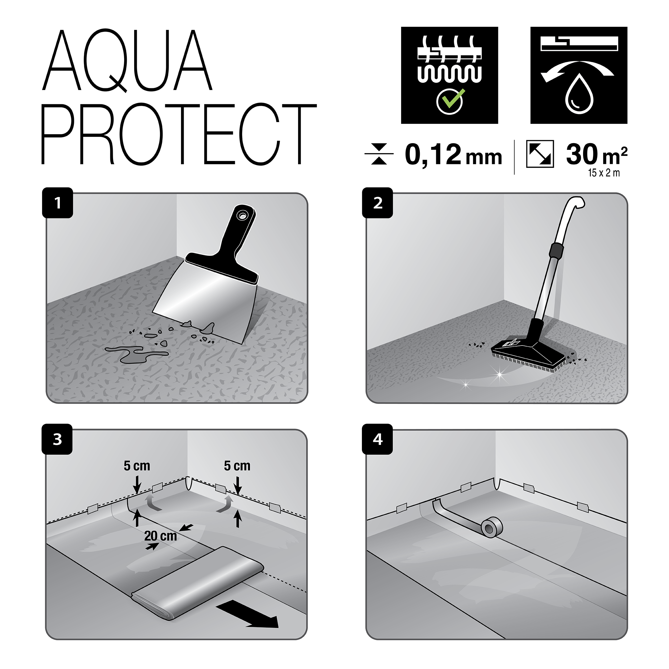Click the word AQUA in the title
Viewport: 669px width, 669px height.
coord(127,61)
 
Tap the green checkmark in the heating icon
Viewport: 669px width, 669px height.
coord(450,101)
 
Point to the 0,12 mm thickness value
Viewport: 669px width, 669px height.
coord(453,155)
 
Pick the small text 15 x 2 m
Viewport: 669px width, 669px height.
coord(603,173)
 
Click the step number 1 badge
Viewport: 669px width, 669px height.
coord(58,203)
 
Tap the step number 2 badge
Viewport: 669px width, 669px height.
coord(377,203)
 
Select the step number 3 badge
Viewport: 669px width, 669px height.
coord(57,439)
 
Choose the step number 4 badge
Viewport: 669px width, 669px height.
coord(377,439)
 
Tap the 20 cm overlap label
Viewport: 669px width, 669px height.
coord(160,536)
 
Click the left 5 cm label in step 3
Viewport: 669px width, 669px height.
coord(137,466)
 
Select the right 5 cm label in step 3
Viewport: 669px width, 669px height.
coord(237,466)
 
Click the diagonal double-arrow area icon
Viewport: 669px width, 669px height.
coord(540,154)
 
